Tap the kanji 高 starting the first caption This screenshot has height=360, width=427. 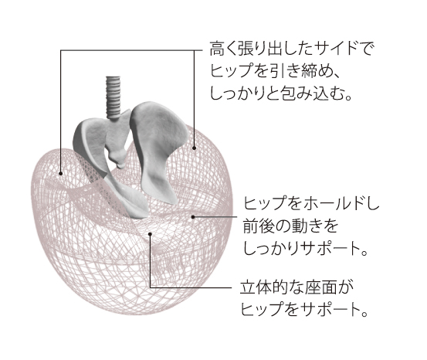click(x=217, y=49)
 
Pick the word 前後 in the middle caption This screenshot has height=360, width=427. click(x=258, y=226)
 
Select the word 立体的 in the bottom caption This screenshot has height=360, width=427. click(x=263, y=287)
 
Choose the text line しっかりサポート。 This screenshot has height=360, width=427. click(x=305, y=249)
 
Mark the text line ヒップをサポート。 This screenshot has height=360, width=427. click(x=304, y=310)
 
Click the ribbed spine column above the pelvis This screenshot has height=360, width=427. click(x=113, y=97)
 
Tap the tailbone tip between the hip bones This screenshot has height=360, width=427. click(x=120, y=165)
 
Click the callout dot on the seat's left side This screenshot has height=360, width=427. click(x=61, y=173)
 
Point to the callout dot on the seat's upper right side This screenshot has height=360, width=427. click(x=194, y=148)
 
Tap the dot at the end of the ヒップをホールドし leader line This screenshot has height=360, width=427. click(x=193, y=217)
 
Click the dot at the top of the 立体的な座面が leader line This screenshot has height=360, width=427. click(x=150, y=234)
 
